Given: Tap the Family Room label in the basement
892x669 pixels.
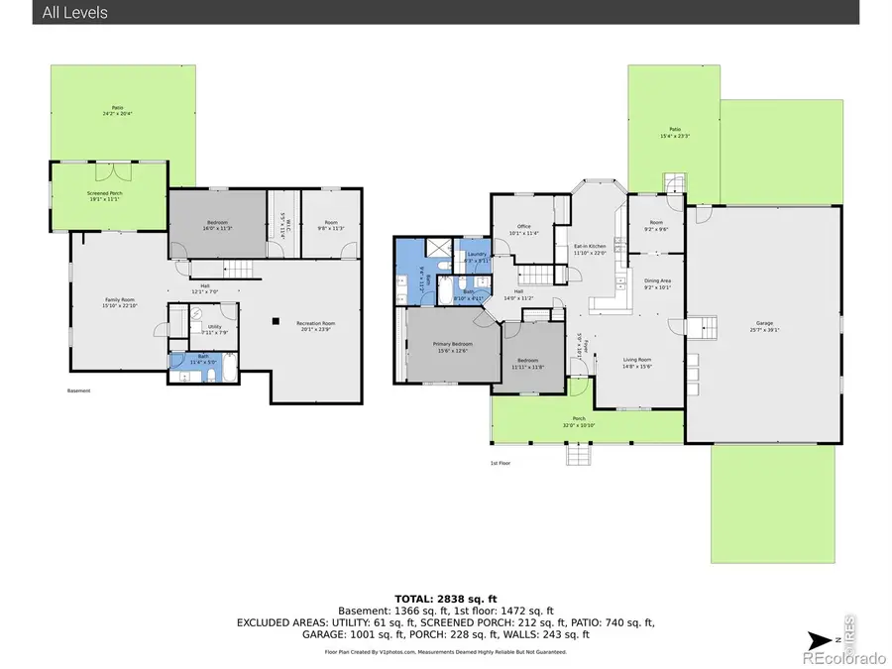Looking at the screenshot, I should click(x=121, y=301).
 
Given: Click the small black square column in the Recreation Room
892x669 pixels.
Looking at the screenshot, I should click(x=276, y=320).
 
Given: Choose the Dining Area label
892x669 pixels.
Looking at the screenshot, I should click(x=659, y=284).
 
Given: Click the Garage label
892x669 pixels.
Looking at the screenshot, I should click(x=764, y=324).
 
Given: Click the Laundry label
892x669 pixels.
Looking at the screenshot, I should click(x=477, y=257).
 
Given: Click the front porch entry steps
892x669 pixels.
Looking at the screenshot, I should click(x=578, y=455).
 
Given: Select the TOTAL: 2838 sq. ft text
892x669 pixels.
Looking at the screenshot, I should click(x=446, y=600).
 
